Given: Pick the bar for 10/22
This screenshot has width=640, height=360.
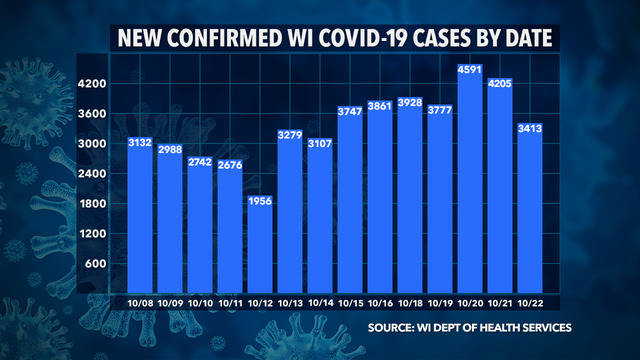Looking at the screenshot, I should (x=528, y=210).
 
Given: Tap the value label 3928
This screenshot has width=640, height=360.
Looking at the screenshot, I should (x=409, y=101).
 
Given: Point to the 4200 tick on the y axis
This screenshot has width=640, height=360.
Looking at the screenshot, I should (x=94, y=84).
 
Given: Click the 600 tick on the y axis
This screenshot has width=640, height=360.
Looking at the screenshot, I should (x=97, y=264).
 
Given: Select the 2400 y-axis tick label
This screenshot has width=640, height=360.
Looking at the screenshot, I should (x=94, y=174).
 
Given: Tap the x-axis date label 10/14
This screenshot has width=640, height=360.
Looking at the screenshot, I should (x=320, y=303).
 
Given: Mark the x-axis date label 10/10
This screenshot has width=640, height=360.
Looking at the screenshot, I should (x=200, y=303).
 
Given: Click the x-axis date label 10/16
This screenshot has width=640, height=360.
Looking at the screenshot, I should (x=379, y=303).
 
